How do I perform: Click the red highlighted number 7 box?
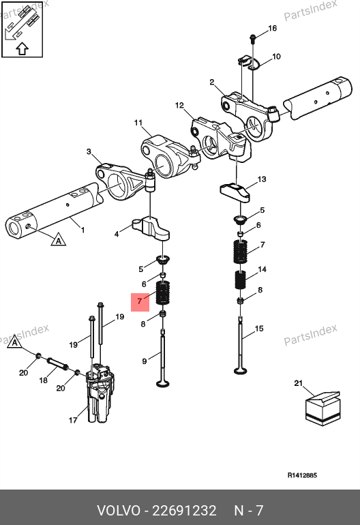coord(140,302)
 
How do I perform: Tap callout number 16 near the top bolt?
coord(273,28)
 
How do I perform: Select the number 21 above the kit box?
coord(298,383)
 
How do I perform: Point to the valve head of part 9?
coord(163,382)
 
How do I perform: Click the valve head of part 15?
coord(241,371)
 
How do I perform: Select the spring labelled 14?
coord(240,280)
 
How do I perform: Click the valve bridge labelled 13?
coord(235,192)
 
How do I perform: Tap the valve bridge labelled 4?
coord(151,228)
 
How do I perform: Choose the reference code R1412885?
coord(302,475)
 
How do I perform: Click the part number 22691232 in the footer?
coord(185,511)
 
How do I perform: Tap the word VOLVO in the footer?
coord(119,511)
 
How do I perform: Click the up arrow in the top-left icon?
coord(22,48)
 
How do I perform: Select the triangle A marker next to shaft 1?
coord(58,240)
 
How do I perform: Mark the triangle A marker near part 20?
coord(14,342)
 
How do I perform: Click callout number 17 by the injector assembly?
coord(73,420)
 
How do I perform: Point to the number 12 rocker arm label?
coord(179,105)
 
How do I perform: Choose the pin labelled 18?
coord(57,364)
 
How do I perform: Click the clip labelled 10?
coord(248,63)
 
